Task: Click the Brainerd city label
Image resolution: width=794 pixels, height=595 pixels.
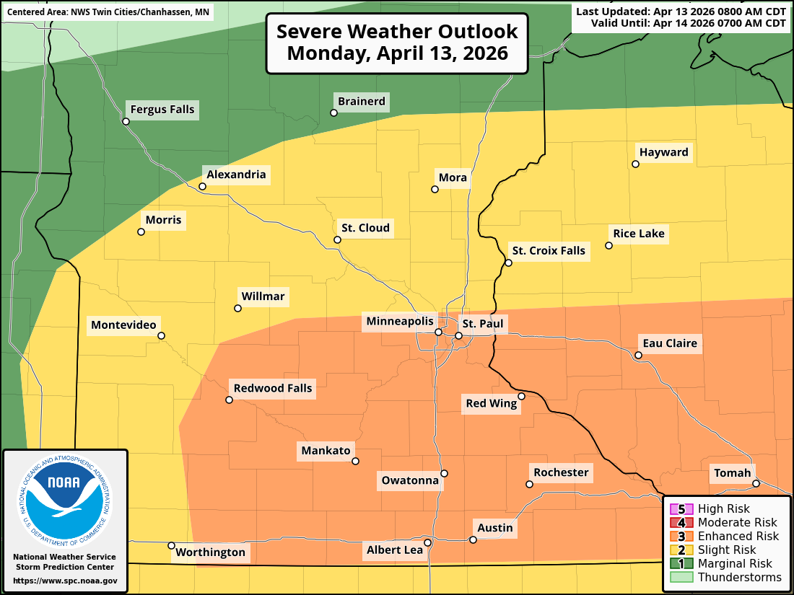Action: coord(362,102)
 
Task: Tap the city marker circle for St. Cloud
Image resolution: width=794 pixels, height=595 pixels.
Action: coord(337,239)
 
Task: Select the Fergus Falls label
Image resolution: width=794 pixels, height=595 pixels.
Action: coord(162,110)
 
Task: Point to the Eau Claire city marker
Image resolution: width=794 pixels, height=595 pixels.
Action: coord(638,355)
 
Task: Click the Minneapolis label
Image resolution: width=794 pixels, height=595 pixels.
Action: coord(400,321)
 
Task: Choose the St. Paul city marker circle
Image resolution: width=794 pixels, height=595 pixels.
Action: coord(458,335)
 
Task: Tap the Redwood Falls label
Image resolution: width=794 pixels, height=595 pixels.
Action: coord(273,388)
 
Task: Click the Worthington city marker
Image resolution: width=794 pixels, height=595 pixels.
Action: coord(171,545)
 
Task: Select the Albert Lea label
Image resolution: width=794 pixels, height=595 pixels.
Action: coord(394,550)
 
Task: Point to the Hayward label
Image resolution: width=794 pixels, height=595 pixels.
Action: coord(663,152)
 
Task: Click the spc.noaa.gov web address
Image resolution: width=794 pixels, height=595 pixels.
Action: coord(65,581)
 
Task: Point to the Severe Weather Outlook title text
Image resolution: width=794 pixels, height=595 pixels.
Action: coord(397,43)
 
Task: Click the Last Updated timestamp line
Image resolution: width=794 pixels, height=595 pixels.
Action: coord(681,12)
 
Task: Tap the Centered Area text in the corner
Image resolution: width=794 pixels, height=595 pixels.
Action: coord(108,12)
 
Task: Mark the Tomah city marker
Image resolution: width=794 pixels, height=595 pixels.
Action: coord(756,483)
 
